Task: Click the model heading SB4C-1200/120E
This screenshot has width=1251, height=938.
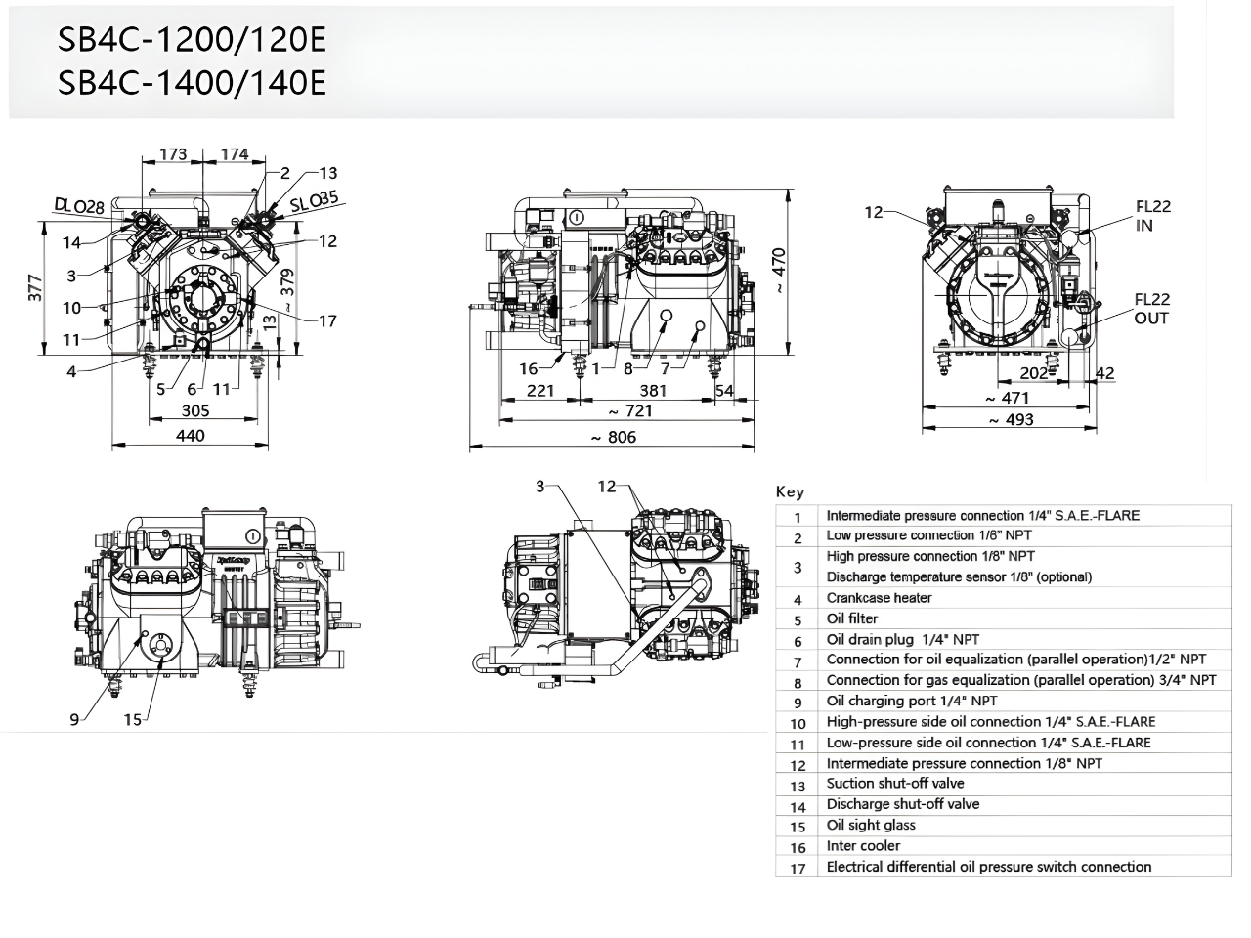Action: pyautogui.click(x=192, y=40)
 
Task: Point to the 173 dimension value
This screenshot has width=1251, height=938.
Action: pyautogui.click(x=173, y=154)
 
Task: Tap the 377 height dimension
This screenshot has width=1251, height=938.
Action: pyautogui.click(x=35, y=288)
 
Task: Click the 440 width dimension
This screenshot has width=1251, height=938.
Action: pyautogui.click(x=191, y=435)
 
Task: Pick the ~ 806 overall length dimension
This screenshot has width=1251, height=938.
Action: pyautogui.click(x=613, y=438)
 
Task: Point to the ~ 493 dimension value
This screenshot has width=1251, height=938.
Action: pyautogui.click(x=1009, y=419)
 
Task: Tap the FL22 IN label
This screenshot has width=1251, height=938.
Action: pyautogui.click(x=1152, y=216)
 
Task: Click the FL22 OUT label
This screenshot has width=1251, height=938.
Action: pyautogui.click(x=1151, y=309)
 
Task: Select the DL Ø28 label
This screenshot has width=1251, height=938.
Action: pyautogui.click(x=79, y=206)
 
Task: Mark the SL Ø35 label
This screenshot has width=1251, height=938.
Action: pyautogui.click(x=315, y=202)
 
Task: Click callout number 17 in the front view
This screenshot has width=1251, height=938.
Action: pyautogui.click(x=327, y=320)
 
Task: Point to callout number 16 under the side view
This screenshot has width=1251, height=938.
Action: pyautogui.click(x=528, y=368)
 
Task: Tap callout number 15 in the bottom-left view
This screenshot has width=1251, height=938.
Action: pyautogui.click(x=132, y=720)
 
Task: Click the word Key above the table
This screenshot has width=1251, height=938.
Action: pyautogui.click(x=790, y=492)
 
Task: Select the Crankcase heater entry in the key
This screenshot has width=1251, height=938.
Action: pyautogui.click(x=879, y=598)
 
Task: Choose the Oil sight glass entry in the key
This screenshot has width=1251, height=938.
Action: pyautogui.click(x=871, y=825)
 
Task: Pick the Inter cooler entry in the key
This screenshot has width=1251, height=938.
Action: pyautogui.click(x=863, y=846)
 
